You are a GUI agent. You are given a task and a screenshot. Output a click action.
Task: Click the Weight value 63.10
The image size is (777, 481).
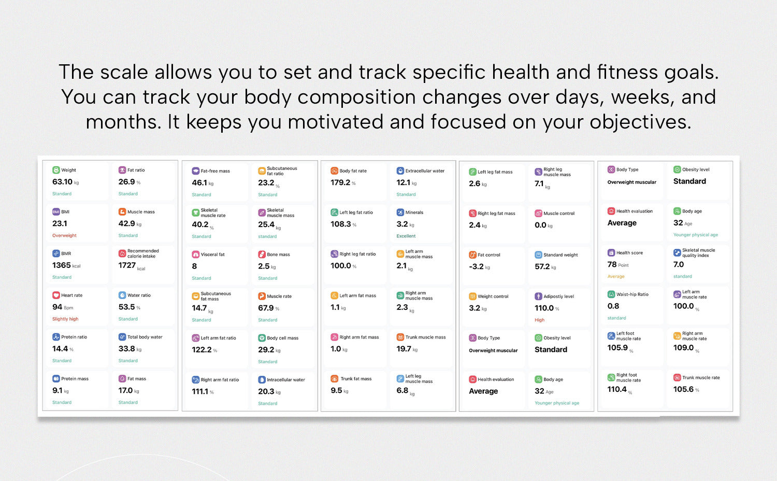tap(63, 181)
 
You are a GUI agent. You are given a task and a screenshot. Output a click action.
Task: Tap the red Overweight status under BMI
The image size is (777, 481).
tap(65, 235)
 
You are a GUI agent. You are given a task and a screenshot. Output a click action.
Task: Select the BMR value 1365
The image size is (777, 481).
tap(62, 265)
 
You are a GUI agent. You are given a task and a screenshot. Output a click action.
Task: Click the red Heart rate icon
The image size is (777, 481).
tap(56, 295)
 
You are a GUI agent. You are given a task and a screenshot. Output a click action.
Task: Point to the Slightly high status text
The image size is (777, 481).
tap(65, 319)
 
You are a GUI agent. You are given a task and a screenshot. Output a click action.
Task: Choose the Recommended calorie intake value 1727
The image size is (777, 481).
tap(127, 265)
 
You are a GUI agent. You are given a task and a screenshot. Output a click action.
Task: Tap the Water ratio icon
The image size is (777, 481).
tap(122, 295)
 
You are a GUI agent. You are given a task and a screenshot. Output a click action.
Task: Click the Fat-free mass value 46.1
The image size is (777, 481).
tap(199, 182)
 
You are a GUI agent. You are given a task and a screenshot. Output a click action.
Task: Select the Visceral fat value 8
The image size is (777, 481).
tap(194, 266)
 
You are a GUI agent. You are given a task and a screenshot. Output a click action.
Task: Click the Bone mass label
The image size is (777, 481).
tap(278, 254)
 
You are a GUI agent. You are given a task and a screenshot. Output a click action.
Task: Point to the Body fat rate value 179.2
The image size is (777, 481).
tap(340, 182)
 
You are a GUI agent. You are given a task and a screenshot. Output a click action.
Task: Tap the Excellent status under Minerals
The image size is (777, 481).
tap(406, 236)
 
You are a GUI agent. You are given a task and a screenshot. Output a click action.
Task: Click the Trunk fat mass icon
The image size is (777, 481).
tap(335, 378)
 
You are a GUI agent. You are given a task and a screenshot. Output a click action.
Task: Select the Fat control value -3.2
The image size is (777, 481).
tap(476, 266)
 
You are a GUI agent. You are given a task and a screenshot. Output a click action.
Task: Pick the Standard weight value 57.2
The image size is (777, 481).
tap(542, 266)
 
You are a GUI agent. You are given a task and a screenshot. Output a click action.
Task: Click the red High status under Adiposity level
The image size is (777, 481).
tap(539, 320)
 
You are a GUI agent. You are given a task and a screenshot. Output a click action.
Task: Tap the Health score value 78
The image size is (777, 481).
tap(612, 264)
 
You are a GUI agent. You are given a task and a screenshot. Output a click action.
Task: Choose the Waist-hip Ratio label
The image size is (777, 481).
tap(632, 294)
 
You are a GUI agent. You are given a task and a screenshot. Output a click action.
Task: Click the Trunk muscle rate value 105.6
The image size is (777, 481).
tap(683, 389)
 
